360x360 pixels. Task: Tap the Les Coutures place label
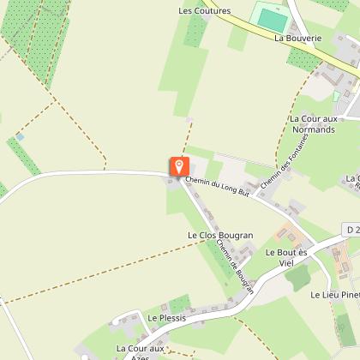tap(205, 11)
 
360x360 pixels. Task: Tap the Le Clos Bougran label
tap(220, 235)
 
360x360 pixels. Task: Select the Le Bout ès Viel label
tap(285, 258)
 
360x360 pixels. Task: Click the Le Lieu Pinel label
tap(334, 294)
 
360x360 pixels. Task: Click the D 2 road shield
tap(351, 231)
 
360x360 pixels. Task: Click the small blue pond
tap(20, 136)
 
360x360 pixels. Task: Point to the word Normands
tap(315, 129)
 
